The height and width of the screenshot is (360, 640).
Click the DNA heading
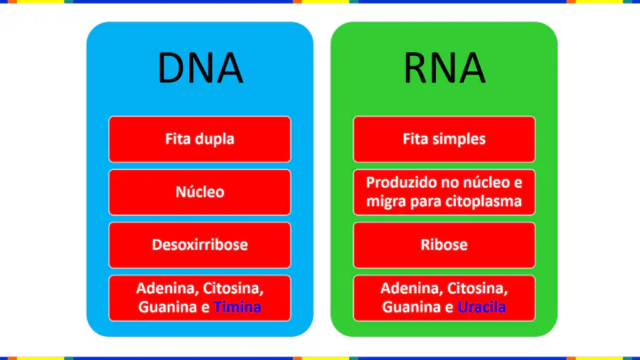pos(200,68)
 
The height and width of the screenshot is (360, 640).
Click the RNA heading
pos(444,68)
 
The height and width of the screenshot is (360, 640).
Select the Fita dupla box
pos(200,139)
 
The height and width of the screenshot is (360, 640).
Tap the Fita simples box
pos(444,139)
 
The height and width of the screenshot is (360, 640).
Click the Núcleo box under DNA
pos(200,192)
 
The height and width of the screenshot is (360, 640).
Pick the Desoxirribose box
pos(200,245)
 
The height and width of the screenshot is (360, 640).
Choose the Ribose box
pos(444,245)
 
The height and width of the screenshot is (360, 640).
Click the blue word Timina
pos(237,307)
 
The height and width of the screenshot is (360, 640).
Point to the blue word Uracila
pos(481,307)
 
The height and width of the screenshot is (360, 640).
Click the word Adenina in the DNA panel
pos(167,289)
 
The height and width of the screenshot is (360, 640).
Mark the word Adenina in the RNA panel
pos(412,289)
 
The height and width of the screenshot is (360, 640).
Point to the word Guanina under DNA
pos(167,307)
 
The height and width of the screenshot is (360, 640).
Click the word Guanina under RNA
pos(412,307)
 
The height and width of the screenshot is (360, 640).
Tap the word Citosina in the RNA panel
pos(477,289)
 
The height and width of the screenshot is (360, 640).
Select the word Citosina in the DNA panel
pos(233,289)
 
